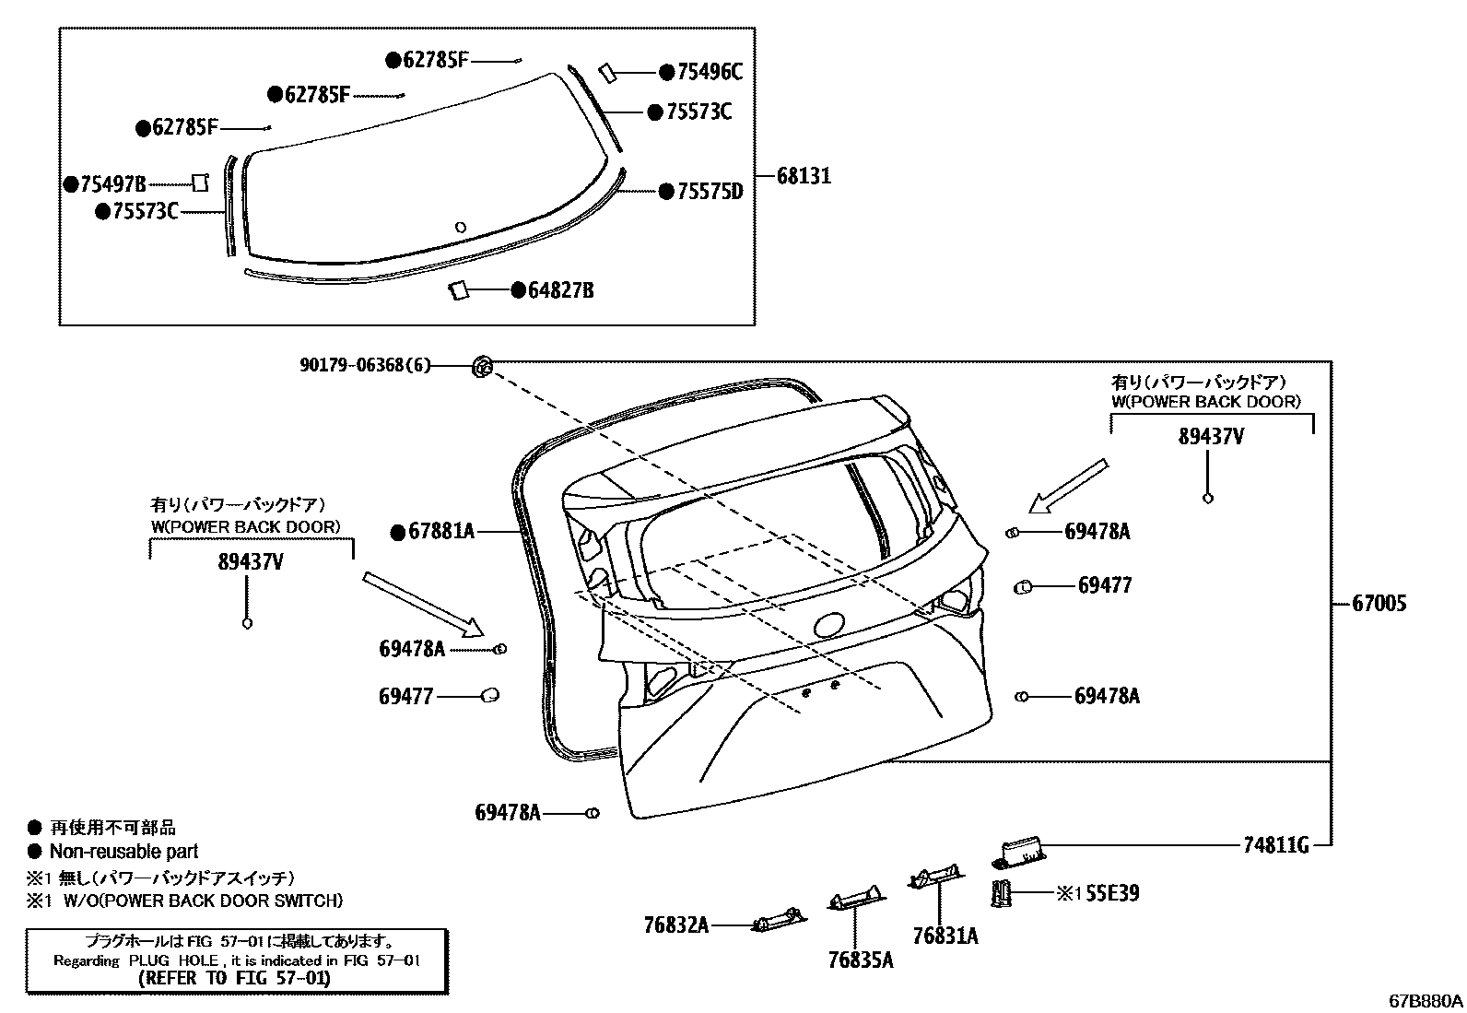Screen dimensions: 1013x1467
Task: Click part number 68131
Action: pos(804,175)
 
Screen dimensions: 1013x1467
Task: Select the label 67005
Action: pos(1379,604)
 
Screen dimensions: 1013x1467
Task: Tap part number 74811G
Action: pos(1276,844)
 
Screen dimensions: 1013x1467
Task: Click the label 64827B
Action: pos(560,291)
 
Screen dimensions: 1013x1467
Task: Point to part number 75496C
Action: pos(709,72)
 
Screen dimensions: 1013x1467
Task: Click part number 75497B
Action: pos(112,184)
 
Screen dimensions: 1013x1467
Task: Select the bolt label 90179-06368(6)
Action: pos(365,365)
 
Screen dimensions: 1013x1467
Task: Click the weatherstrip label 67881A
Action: pos(440,531)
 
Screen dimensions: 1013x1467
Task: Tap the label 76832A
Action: pos(676,925)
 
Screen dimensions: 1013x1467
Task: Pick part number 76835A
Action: pos(861,960)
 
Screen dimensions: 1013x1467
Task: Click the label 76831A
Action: pos(945,936)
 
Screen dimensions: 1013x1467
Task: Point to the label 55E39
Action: pos(1112,893)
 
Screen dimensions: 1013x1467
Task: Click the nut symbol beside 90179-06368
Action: pos(482,366)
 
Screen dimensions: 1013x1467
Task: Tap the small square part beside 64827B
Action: pos(459,290)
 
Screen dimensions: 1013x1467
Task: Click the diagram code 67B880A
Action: pos(1426,1000)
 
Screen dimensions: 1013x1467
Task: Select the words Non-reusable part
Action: pos(123,852)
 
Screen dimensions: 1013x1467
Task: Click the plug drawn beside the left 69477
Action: pos(491,696)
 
